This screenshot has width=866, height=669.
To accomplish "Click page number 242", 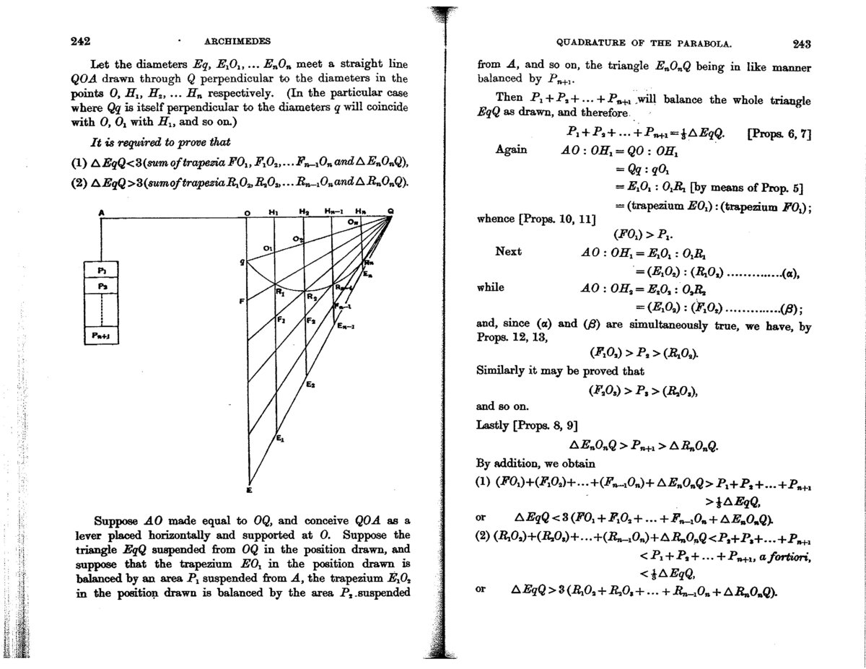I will point(79,42).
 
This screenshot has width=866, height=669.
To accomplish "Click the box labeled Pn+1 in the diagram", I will point(102,336).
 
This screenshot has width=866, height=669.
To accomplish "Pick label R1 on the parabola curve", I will point(281,294).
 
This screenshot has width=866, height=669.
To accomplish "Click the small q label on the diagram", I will point(242,263).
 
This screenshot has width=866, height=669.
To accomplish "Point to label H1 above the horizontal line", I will point(273,212).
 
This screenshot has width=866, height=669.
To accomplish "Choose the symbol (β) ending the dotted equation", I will point(790,308).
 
